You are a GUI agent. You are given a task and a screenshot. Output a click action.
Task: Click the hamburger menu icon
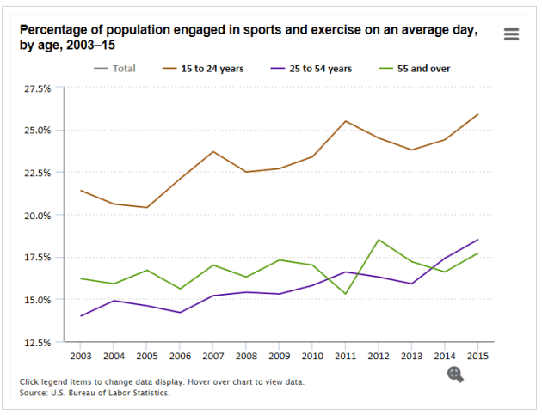pyautogui.click(x=512, y=34)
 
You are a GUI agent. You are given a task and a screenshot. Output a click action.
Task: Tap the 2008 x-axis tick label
pyautogui.click(x=245, y=354)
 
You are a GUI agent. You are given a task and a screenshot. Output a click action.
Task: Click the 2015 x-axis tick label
pyautogui.click(x=477, y=354)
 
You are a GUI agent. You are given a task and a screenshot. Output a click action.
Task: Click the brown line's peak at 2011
pyautogui.click(x=345, y=121)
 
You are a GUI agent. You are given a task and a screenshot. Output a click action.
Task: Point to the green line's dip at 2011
pyautogui.click(x=345, y=294)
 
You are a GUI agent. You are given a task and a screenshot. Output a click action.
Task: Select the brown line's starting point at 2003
pyautogui.click(x=80, y=191)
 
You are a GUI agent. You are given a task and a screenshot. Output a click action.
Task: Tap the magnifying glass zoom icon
pyautogui.click(x=456, y=374)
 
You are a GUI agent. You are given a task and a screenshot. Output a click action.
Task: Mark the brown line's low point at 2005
pyautogui.click(x=146, y=207)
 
